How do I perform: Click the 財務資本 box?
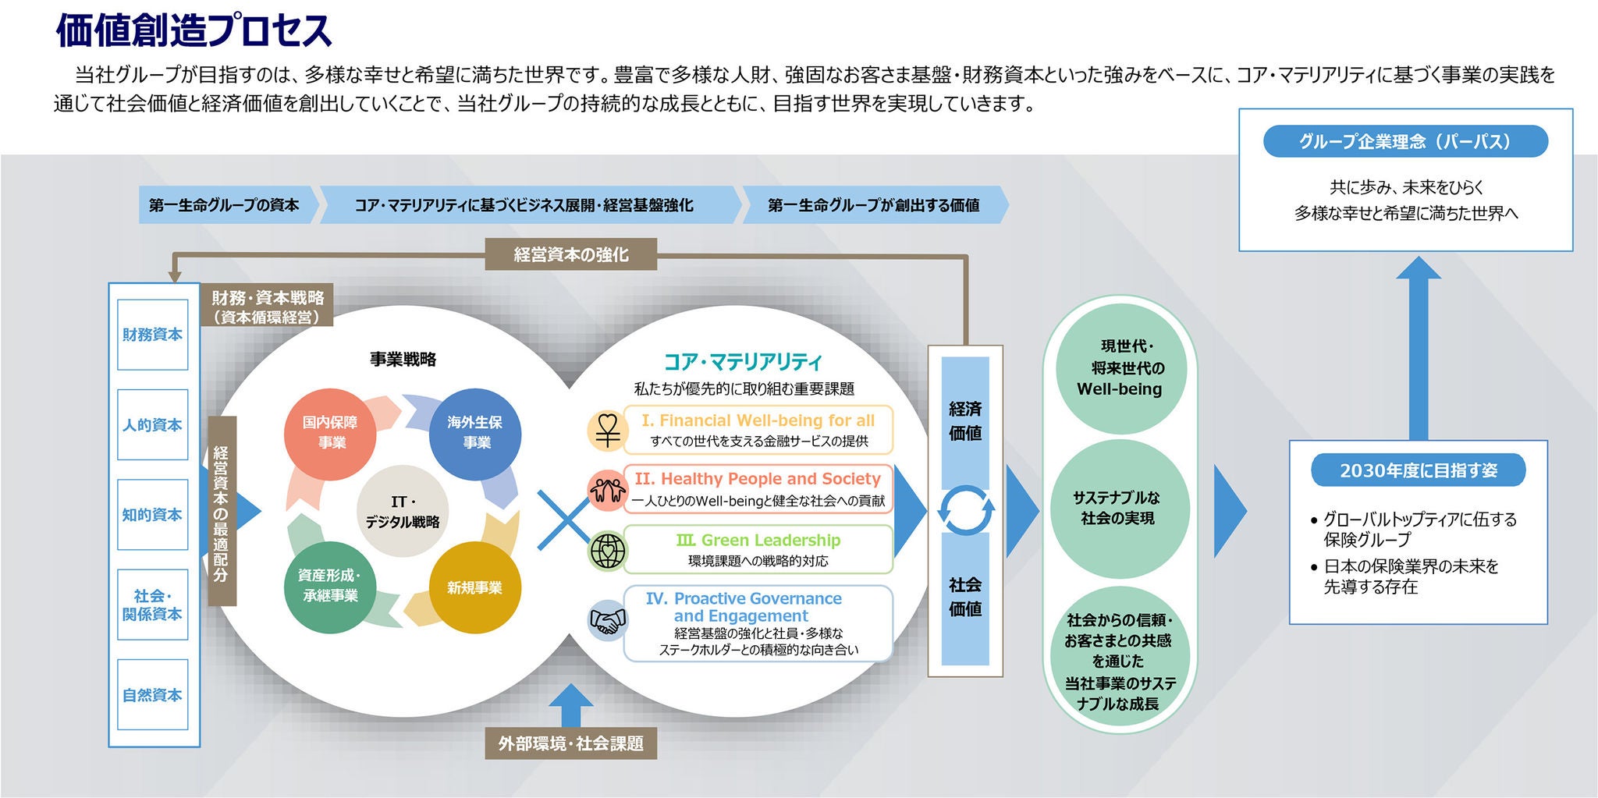click(x=152, y=335)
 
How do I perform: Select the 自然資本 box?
click(x=152, y=694)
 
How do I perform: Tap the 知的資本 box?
click(x=152, y=515)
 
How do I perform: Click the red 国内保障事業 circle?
click(x=330, y=433)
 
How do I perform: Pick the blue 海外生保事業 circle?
click(x=475, y=433)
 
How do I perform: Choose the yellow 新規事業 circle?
click(x=475, y=587)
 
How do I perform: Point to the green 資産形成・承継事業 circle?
click(x=330, y=586)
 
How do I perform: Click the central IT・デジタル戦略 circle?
click(x=403, y=512)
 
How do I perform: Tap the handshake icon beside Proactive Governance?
click(x=608, y=621)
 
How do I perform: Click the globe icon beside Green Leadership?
click(x=608, y=550)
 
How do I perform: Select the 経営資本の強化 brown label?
click(x=570, y=254)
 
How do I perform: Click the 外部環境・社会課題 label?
click(x=570, y=743)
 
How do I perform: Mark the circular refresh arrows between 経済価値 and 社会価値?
click(x=965, y=511)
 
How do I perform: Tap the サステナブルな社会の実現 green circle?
click(x=1120, y=508)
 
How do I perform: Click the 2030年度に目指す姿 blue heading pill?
click(x=1418, y=470)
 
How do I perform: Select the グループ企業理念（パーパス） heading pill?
click(x=1405, y=141)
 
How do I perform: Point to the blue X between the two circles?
click(x=563, y=519)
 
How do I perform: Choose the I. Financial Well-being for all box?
click(x=758, y=430)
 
